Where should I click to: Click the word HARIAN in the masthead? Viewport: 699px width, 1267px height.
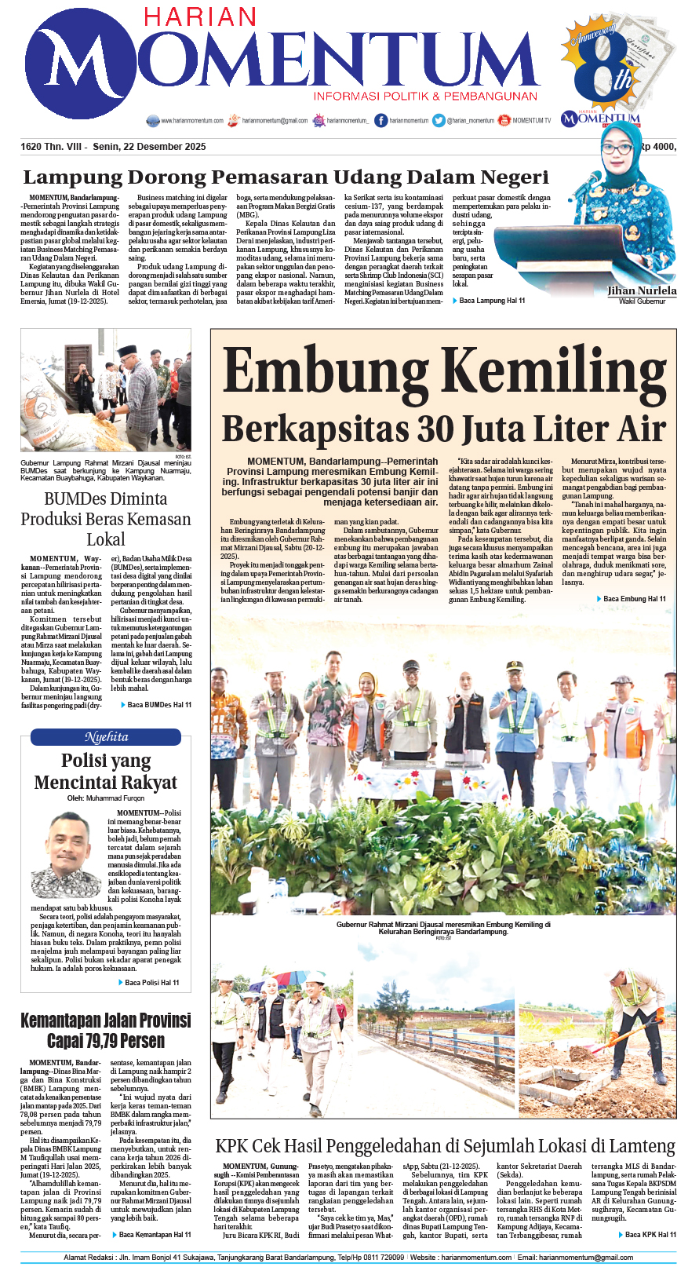(x=199, y=18)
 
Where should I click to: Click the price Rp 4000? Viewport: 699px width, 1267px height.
(x=657, y=146)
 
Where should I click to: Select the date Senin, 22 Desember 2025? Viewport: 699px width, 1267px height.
(x=149, y=147)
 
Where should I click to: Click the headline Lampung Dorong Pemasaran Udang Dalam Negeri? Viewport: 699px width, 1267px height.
(x=286, y=177)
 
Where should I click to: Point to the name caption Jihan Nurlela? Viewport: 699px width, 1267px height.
(x=642, y=291)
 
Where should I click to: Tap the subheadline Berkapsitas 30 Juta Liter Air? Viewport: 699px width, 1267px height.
(x=444, y=429)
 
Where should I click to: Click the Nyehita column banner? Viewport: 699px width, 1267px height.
(x=106, y=737)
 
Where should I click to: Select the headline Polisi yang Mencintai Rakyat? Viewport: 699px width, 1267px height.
(x=106, y=771)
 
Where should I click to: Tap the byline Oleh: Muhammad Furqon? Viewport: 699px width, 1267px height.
(x=106, y=798)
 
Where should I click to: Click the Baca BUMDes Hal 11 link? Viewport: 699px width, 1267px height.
(x=158, y=705)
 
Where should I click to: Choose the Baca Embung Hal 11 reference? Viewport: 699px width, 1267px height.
(x=634, y=599)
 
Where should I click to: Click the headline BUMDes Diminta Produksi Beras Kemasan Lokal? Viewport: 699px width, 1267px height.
(x=106, y=519)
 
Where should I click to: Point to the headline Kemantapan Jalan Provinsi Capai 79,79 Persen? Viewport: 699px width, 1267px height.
(x=106, y=1031)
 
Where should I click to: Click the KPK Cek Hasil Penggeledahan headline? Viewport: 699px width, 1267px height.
(x=445, y=1147)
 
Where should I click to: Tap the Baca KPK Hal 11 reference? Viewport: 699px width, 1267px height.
(x=650, y=1235)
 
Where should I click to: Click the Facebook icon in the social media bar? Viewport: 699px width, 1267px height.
(x=381, y=120)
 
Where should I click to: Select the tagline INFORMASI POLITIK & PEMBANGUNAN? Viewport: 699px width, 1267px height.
(x=425, y=97)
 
